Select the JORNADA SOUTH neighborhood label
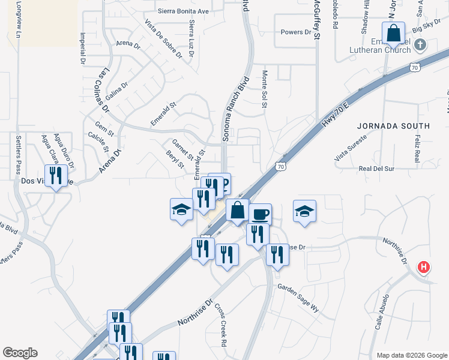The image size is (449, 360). (x=393, y=126)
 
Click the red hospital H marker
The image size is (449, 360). (x=424, y=267)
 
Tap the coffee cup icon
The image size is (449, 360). (x=260, y=214)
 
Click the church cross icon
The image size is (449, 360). (x=420, y=44)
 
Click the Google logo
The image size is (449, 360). (x=20, y=353)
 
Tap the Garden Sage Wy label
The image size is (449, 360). (x=298, y=298)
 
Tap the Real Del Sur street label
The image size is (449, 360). (x=376, y=169)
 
